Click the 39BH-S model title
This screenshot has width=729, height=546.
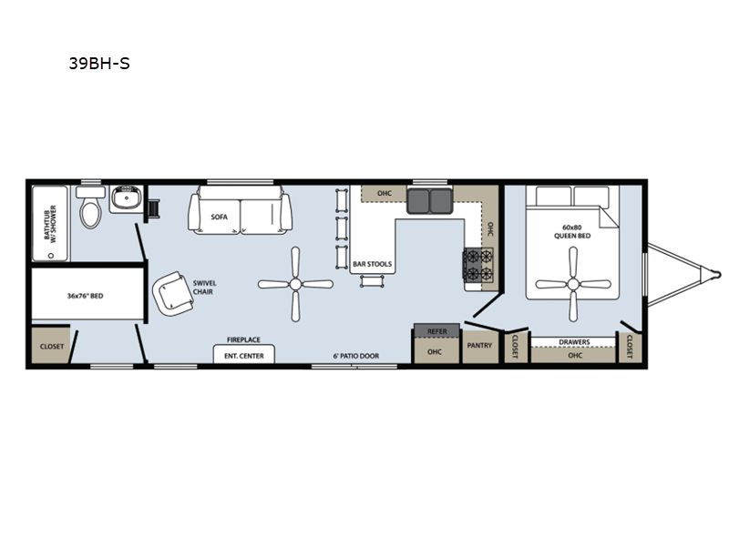(99, 63)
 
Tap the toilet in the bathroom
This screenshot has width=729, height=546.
(90, 207)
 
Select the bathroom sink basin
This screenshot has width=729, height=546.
(126, 199)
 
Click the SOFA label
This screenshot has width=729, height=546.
(219, 217)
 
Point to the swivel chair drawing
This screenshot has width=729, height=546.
(173, 294)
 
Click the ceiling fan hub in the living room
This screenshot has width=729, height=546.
(295, 284)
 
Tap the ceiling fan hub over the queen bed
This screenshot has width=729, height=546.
(573, 284)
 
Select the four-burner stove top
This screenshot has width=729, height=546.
(477, 265)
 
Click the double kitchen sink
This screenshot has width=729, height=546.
(430, 201)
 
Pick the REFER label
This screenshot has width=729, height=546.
(437, 331)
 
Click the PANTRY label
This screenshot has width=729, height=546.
(479, 346)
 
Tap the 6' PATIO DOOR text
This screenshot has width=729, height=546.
(355, 356)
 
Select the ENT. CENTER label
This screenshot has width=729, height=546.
(244, 356)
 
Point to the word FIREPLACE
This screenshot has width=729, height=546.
(243, 339)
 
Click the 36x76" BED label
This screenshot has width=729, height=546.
(85, 296)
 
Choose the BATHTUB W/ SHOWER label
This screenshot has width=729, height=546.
(50, 223)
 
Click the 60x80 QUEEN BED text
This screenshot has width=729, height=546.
(572, 232)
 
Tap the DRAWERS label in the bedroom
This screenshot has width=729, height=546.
(574, 342)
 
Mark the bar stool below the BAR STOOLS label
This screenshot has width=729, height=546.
(372, 281)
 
